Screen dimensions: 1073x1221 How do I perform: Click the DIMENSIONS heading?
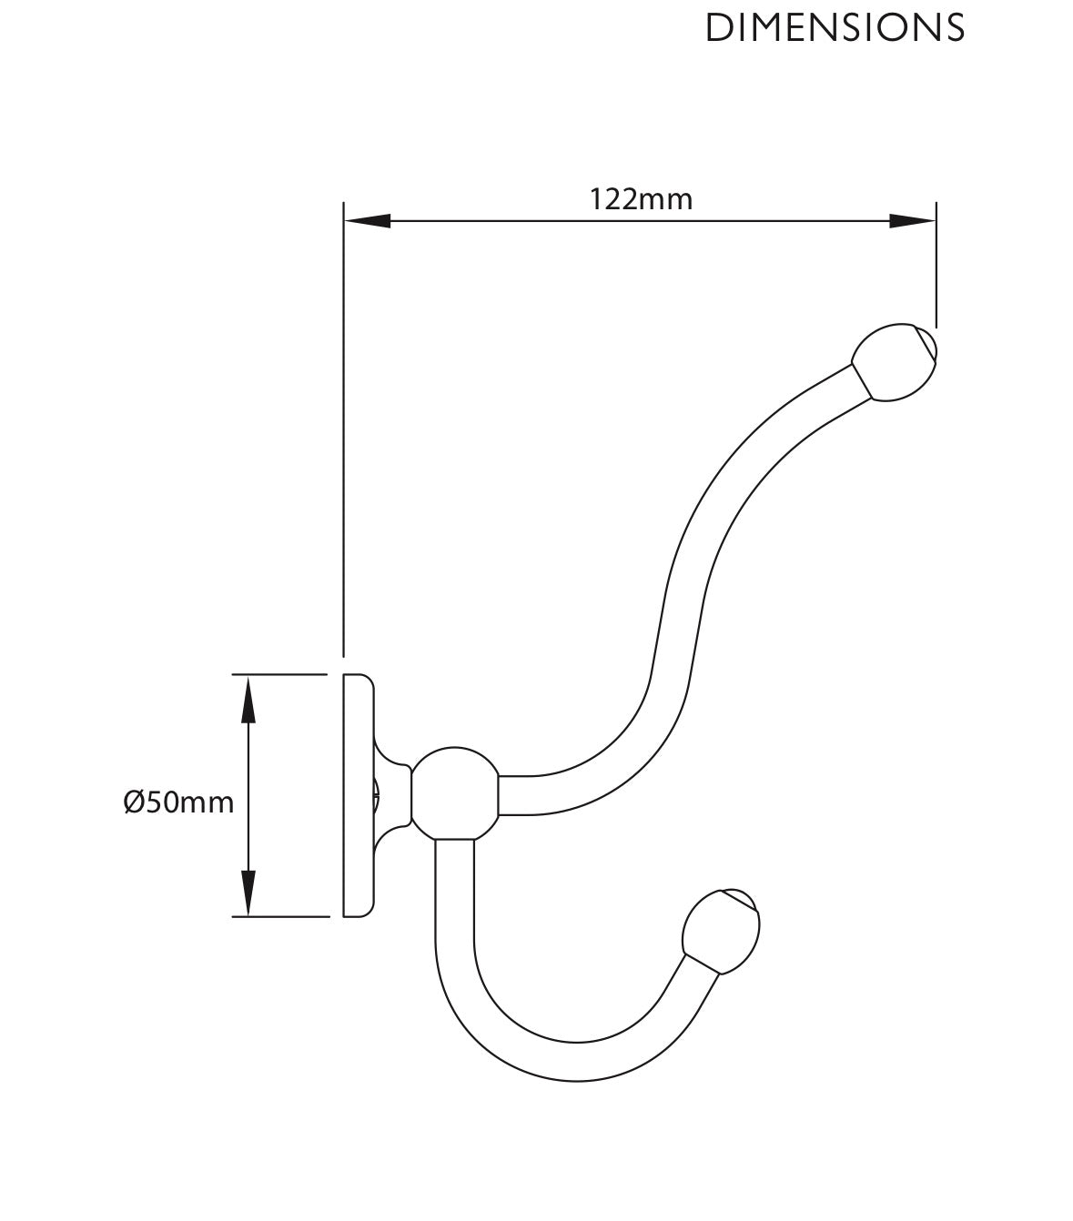[x=835, y=27]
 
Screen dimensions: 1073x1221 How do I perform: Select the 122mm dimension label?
[x=641, y=199]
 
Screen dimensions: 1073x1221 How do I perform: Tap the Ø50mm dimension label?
[x=178, y=802]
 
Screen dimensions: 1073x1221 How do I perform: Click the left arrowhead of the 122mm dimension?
[x=367, y=221]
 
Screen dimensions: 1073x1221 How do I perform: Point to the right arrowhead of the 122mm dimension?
[x=913, y=221]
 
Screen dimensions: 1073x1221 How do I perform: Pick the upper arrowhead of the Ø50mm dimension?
[x=248, y=699]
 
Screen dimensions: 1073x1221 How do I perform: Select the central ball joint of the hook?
[x=455, y=793]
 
